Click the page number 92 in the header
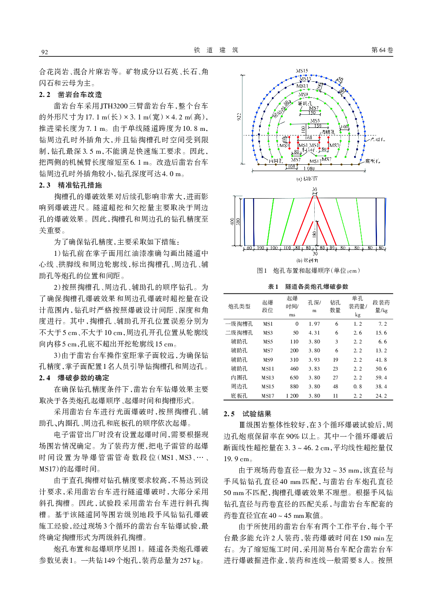(44, 52)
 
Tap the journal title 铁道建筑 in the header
(216, 50)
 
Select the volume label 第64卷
(382, 50)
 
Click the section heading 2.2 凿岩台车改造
(71, 94)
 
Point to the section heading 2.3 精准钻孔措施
(71, 185)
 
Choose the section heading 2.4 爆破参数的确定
(74, 378)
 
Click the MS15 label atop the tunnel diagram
(302, 71)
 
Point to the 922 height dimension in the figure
(239, 116)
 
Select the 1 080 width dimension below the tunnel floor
(309, 169)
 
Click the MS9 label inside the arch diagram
(303, 94)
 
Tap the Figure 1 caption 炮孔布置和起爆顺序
(308, 271)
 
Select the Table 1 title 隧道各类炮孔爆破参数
(308, 287)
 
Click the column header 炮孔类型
(239, 306)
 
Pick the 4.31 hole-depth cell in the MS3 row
(314, 333)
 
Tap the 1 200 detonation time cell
(292, 396)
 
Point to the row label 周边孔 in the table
(239, 387)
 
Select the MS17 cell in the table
(268, 396)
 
